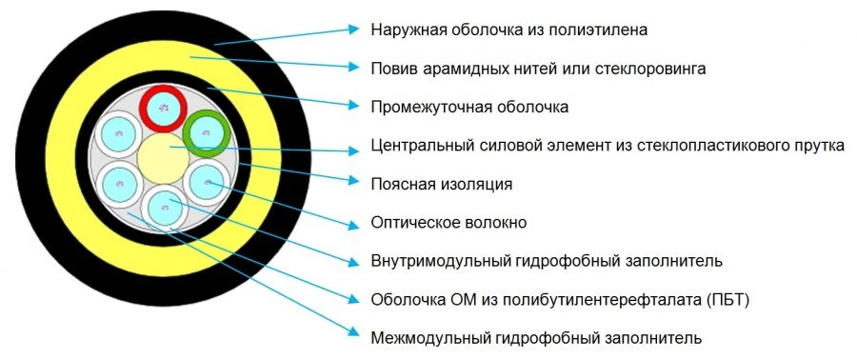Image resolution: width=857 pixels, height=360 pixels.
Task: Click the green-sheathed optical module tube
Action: pos(205,132)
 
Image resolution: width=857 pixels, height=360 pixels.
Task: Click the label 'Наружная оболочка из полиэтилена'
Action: pos(509,30)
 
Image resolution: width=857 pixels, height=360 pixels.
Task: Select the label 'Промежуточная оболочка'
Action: pos(469,108)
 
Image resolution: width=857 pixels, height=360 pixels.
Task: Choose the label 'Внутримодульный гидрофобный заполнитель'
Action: pos(547,261)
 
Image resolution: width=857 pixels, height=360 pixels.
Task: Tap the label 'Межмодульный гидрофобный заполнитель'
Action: pos(536,337)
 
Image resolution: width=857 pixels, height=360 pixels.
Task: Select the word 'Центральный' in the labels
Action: pos(417,147)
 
